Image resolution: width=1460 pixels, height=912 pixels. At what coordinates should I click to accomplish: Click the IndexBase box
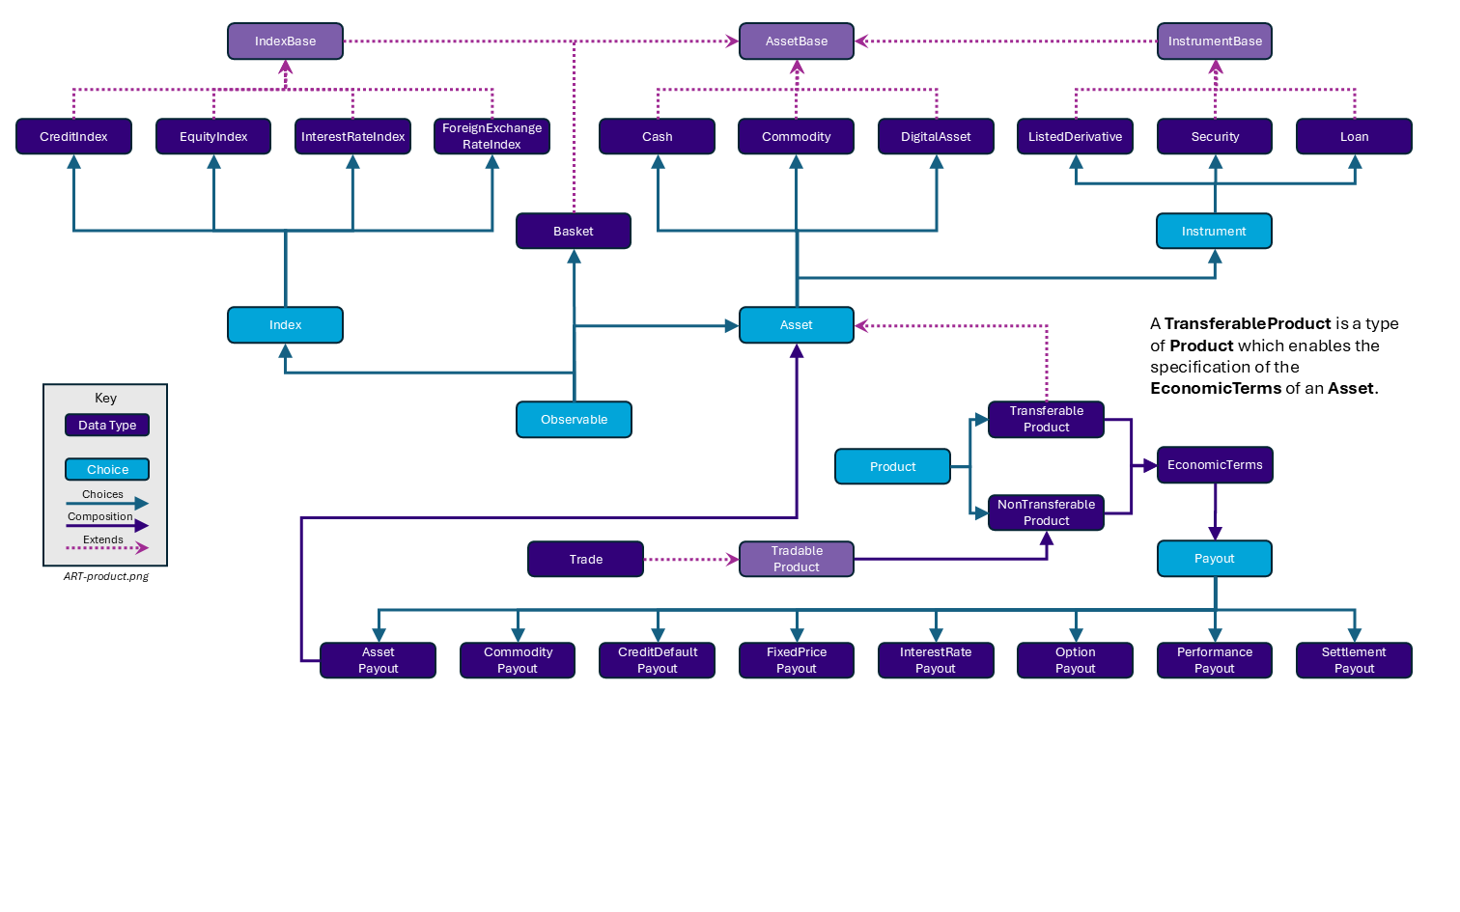285,41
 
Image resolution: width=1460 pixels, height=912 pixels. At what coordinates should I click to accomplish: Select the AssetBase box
797,41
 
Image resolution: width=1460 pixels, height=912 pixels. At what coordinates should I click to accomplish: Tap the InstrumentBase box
1215,41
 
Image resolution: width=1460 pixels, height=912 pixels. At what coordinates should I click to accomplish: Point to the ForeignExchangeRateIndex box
491,136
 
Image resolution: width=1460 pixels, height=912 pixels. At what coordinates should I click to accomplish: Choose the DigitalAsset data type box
936,136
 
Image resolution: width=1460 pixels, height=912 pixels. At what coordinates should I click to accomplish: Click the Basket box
574,231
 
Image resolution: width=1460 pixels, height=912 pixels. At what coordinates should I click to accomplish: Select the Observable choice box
574,420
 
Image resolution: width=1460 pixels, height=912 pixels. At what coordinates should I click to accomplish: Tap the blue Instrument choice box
1214,231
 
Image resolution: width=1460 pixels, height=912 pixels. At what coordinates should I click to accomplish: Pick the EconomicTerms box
1215,465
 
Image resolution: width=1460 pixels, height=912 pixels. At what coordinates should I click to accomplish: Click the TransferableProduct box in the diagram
1046,419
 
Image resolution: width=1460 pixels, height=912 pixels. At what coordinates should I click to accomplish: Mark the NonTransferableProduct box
1046,512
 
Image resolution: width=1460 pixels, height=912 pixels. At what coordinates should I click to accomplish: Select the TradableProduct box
797,559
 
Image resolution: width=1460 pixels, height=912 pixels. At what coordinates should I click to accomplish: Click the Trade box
585,559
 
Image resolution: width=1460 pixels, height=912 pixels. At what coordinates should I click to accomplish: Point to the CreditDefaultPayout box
657,660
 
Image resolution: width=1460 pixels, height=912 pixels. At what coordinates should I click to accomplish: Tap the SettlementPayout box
1354,660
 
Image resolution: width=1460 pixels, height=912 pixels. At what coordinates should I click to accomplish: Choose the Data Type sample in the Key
107,426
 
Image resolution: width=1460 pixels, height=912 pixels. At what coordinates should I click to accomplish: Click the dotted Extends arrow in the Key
106,548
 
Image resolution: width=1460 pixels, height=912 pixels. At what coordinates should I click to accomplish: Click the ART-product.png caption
106,576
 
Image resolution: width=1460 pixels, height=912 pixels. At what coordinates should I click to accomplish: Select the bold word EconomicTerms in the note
1216,388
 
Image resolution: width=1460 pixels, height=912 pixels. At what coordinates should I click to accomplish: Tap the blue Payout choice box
1214,559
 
